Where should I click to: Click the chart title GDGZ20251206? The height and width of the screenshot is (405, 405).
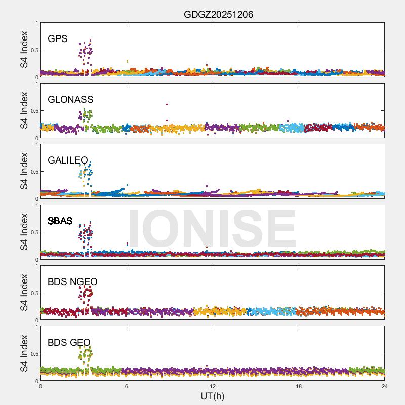tap(218, 15)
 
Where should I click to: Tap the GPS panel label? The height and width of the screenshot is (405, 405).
tap(57, 38)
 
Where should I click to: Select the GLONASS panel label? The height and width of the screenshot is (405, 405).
tap(70, 99)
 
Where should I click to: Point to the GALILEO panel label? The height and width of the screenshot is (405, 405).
tap(68, 160)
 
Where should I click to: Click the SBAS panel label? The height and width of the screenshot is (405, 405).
tap(60, 221)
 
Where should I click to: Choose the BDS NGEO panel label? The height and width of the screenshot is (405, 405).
tap(72, 281)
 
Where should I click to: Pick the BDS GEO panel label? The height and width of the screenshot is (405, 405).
tap(69, 342)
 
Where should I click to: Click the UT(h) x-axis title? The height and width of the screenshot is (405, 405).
tap(213, 396)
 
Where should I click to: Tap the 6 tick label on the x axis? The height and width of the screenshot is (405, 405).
tap(127, 386)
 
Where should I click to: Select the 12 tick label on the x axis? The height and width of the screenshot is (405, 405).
tap(213, 386)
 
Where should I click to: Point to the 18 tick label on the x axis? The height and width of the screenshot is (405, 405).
tap(299, 386)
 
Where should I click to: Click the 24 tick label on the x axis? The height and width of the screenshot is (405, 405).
tap(385, 386)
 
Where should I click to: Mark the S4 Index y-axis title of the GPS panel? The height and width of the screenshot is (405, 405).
tap(25, 50)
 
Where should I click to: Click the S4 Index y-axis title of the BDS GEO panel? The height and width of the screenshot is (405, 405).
tap(25, 353)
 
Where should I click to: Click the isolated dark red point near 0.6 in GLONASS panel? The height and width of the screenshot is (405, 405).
tap(167, 105)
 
